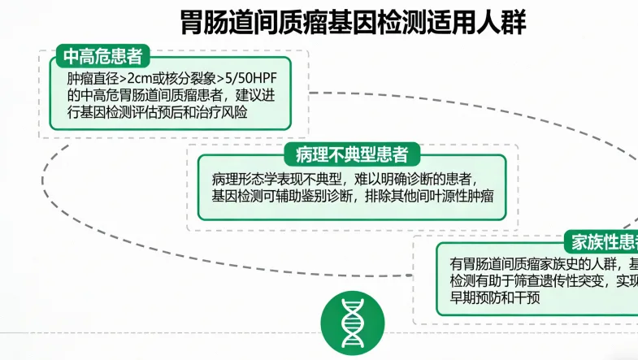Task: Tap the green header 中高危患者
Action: point(102,57)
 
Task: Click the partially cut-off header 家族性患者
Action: point(605,241)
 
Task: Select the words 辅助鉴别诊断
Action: point(324,196)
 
